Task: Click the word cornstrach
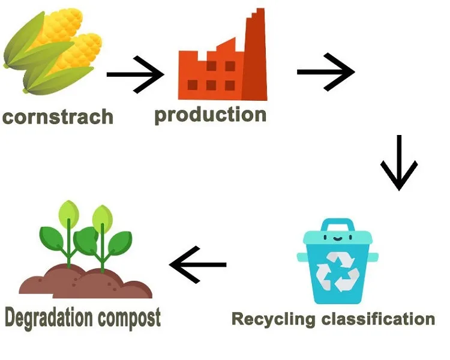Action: click(x=58, y=116)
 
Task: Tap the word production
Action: click(x=211, y=115)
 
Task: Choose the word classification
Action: click(x=378, y=319)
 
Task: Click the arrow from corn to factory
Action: click(x=135, y=74)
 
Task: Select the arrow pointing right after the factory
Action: click(x=326, y=72)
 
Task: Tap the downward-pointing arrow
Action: click(x=398, y=163)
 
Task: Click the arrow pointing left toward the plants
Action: click(x=198, y=265)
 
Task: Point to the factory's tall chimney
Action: click(x=255, y=55)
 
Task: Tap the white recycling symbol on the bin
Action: click(x=337, y=272)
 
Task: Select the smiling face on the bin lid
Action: click(x=337, y=238)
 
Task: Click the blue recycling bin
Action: click(x=337, y=261)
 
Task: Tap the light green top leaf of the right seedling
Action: click(x=103, y=218)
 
